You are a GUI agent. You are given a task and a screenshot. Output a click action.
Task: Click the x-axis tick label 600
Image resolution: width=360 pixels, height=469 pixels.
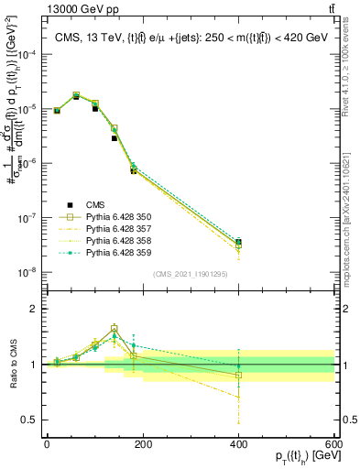[x=333, y=443]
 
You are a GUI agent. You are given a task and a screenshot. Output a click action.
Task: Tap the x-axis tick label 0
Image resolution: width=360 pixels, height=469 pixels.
[x=47, y=443]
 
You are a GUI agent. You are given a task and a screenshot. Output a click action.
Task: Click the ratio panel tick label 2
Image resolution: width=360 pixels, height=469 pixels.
[x=34, y=309]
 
